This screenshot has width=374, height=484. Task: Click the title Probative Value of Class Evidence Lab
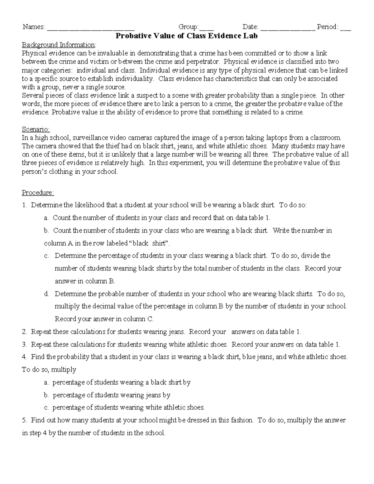(187, 36)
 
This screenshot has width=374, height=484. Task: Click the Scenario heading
(36, 129)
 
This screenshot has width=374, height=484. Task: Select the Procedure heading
(38, 193)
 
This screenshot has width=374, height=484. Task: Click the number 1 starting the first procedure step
(24, 205)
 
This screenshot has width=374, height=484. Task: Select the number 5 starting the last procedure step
(24, 420)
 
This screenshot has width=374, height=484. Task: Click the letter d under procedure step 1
(46, 294)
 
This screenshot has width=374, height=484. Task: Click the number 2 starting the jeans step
(24, 332)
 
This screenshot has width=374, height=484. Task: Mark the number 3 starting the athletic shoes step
(24, 344)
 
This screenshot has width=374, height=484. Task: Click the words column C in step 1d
(138, 319)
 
